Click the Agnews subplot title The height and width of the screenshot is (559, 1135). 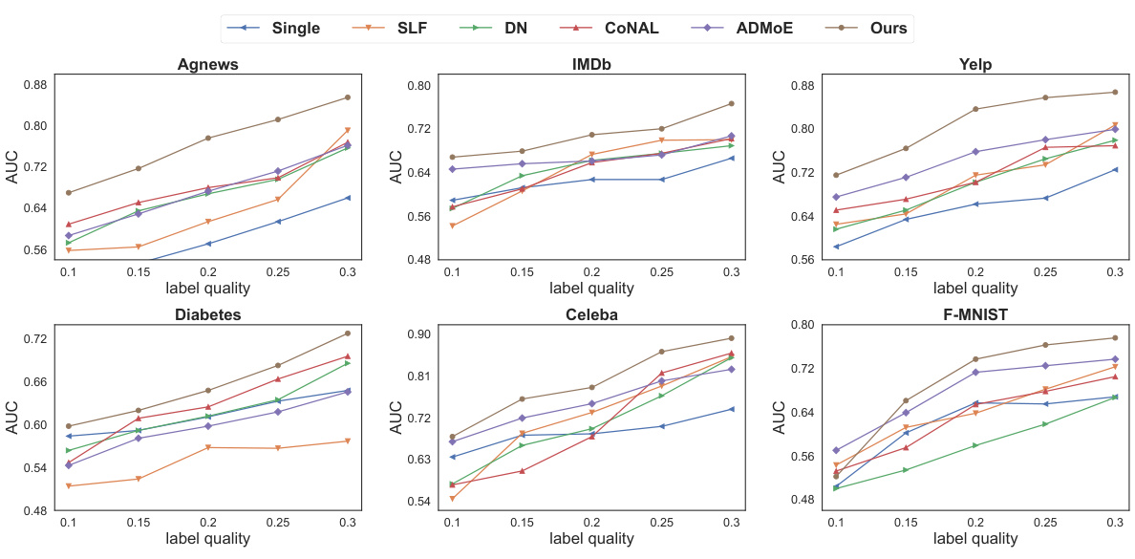207,65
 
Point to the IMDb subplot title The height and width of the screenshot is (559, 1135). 590,65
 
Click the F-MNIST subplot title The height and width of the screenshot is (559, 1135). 975,313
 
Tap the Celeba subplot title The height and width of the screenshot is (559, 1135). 590,314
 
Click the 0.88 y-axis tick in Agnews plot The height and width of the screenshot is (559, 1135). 33,85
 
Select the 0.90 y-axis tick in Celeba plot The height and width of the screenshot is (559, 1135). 418,334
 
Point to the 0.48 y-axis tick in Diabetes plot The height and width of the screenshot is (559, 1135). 33,510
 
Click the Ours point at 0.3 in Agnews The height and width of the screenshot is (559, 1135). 347,97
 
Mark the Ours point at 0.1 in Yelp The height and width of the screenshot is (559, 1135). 836,175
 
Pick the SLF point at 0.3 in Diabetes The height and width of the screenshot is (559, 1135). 347,441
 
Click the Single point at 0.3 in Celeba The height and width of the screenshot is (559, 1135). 731,409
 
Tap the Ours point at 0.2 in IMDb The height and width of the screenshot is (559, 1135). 591,135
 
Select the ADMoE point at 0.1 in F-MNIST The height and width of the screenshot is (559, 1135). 836,450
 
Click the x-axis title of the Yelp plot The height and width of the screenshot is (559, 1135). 975,288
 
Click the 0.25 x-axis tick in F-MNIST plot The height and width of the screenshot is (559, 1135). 1044,524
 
